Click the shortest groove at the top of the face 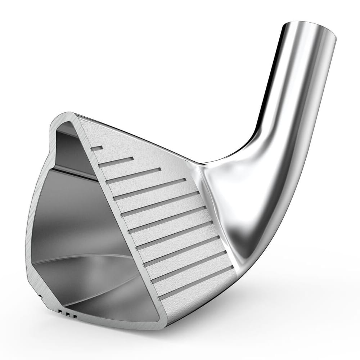[97, 148]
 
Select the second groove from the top [116, 162]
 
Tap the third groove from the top [134, 176]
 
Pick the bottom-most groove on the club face [196, 283]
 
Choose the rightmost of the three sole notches [74, 316]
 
